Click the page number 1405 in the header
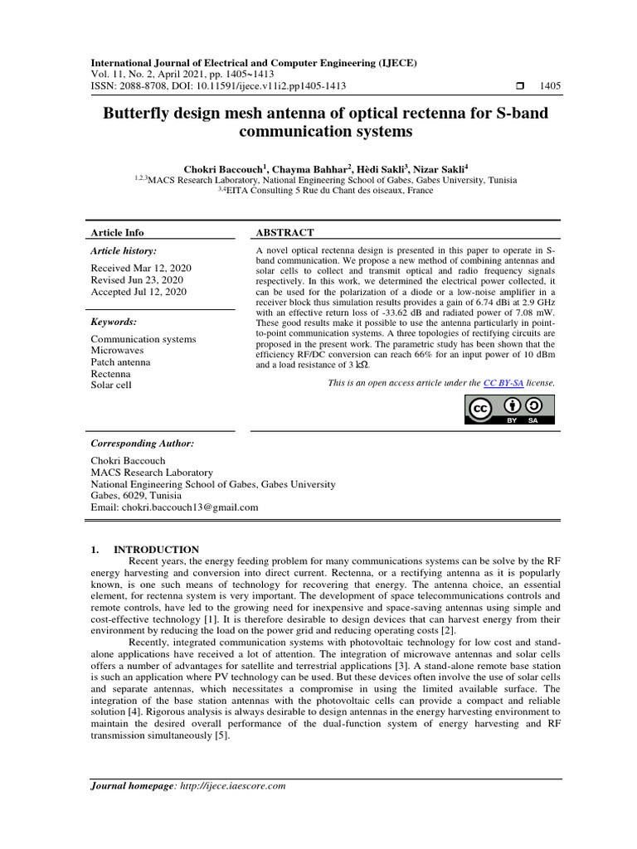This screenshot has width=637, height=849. click(550, 85)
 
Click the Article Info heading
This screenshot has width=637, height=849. click(117, 233)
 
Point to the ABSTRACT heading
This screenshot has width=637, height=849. click(284, 233)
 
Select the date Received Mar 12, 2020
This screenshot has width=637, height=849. click(140, 268)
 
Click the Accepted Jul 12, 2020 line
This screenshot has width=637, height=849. click(139, 291)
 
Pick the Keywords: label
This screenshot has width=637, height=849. click(114, 322)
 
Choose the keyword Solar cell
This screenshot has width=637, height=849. click(111, 385)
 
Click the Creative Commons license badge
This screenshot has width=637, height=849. click(509, 410)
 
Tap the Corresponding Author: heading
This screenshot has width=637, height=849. click(142, 444)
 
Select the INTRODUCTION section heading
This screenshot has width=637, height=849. click(156, 549)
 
